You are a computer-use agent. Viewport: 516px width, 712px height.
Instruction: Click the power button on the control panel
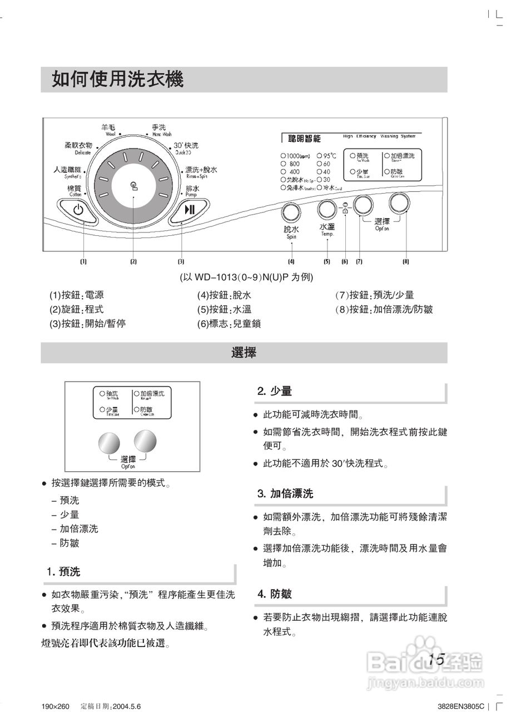(x=78, y=210)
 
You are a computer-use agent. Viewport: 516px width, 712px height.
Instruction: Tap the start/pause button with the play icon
(x=190, y=210)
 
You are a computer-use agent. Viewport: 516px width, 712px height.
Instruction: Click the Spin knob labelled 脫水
(x=290, y=213)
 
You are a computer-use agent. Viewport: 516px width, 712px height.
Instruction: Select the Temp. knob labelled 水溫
(x=327, y=210)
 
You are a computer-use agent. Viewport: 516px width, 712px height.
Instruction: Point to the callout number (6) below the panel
(x=344, y=261)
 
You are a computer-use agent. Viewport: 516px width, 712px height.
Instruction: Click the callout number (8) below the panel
(x=405, y=261)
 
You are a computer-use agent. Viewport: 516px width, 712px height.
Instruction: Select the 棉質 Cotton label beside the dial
(x=75, y=190)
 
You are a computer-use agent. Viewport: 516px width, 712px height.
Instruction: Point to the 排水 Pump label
(x=192, y=190)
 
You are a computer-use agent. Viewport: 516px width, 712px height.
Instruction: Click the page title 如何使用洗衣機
(x=118, y=80)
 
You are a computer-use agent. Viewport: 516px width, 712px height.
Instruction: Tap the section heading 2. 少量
(x=275, y=391)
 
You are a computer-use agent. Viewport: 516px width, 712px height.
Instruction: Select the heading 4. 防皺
(x=275, y=594)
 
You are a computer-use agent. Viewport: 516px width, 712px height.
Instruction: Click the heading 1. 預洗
(x=63, y=572)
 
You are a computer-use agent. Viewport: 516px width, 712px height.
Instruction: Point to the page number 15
(x=436, y=660)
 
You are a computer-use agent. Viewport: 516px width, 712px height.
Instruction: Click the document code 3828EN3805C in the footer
(x=461, y=706)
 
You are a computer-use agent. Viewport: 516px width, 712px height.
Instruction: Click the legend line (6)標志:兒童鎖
(x=229, y=324)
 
